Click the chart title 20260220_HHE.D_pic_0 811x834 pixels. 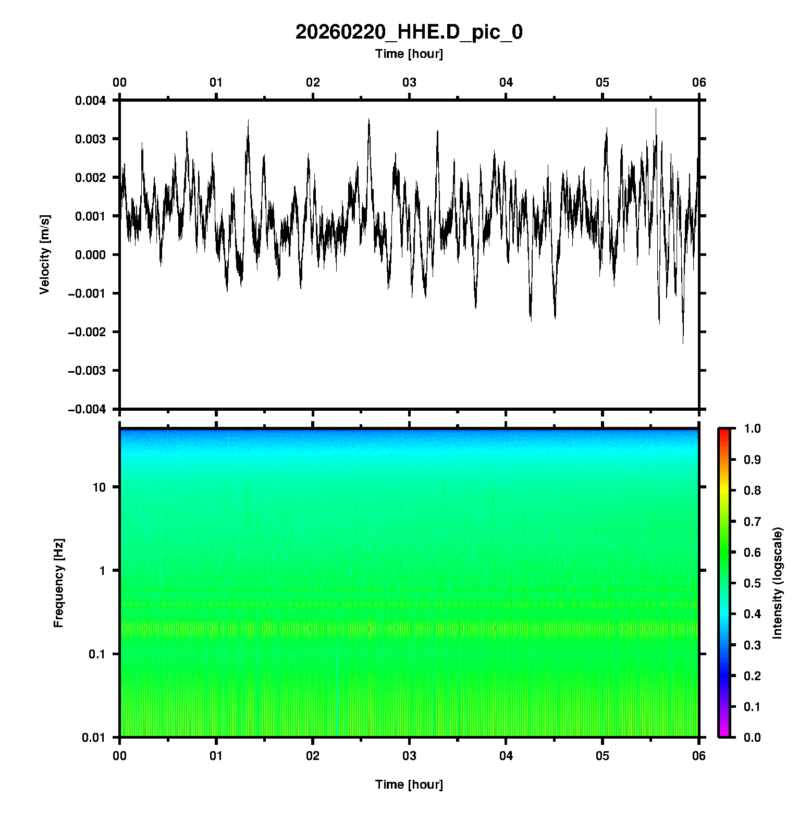tap(409, 32)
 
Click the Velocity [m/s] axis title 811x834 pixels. tap(45, 254)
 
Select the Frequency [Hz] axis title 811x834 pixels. tap(58, 583)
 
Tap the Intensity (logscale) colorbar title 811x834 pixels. tap(778, 583)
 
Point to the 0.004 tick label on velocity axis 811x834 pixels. tap(90, 101)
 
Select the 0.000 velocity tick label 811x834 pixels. tap(90, 255)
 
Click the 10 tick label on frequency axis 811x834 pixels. tap(99, 487)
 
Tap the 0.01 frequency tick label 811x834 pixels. tap(94, 738)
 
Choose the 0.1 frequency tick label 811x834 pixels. tap(96, 654)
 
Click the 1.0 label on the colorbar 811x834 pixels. tap(753, 428)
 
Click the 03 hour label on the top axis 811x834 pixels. tap(409, 82)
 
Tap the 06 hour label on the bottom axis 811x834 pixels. tap(699, 755)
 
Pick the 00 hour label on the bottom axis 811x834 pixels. tap(120, 755)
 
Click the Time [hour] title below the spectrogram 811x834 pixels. tap(409, 784)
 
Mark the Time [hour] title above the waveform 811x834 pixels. tap(409, 54)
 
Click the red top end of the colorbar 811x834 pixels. tap(724, 432)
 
